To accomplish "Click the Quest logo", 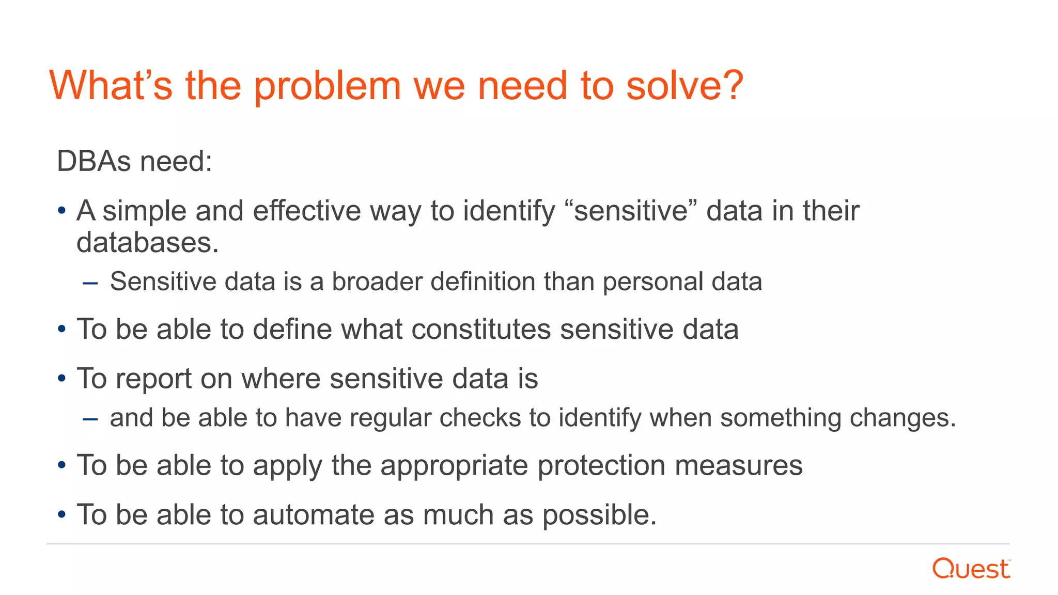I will tap(971, 569).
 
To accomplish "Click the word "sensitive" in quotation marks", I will tap(631, 211).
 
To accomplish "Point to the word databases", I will tap(148, 243).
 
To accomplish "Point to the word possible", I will tap(599, 515).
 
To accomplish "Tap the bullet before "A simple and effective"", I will tap(62, 211).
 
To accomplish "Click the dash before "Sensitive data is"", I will tap(90, 283).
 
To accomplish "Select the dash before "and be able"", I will tap(90, 419).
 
